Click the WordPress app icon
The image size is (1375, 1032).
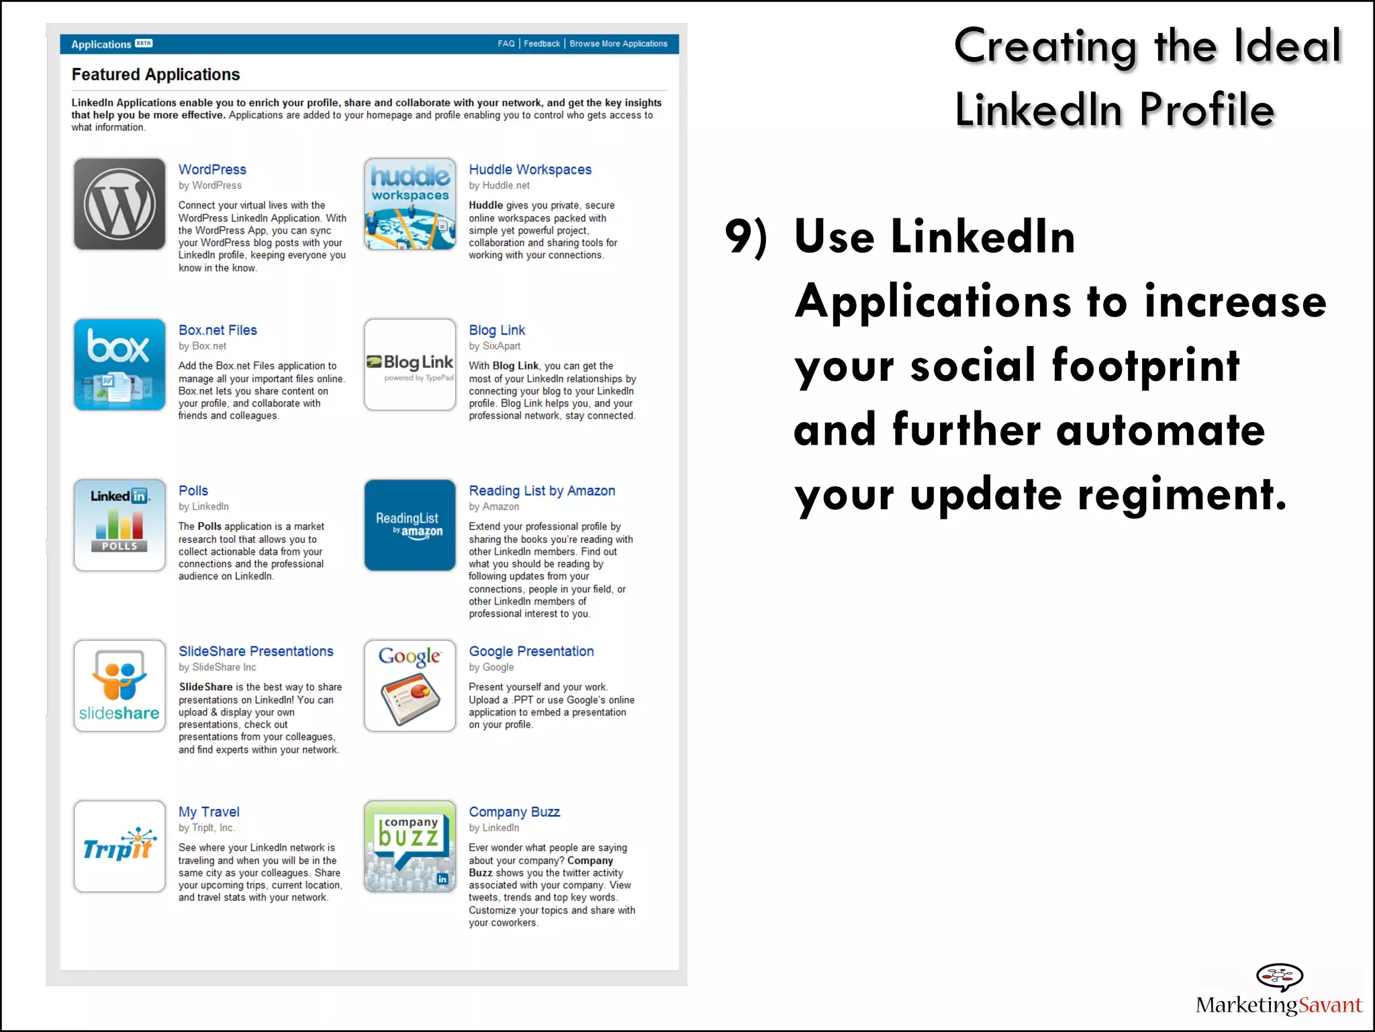[x=120, y=204]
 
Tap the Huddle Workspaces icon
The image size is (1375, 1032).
[x=410, y=204]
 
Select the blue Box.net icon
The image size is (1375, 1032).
[x=120, y=365]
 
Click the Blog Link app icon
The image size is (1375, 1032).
[x=410, y=365]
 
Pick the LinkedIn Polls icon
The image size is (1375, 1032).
[x=120, y=525]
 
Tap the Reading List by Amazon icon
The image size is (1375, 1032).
[x=410, y=525]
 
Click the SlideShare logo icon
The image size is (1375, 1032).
[x=120, y=686]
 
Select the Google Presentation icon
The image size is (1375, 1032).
[x=410, y=686]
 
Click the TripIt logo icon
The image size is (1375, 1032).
[x=120, y=847]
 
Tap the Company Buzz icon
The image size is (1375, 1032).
[x=410, y=847]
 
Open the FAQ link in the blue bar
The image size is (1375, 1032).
[x=506, y=44]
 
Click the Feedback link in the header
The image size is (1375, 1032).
[x=541, y=44]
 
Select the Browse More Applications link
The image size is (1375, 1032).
[x=618, y=44]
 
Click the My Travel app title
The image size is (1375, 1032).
[x=209, y=812]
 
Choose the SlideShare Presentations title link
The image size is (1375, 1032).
[x=256, y=651]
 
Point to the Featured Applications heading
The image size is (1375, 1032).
[x=156, y=75]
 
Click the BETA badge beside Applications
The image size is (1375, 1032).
[x=144, y=43]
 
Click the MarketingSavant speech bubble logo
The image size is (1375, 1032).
[x=1279, y=976]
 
